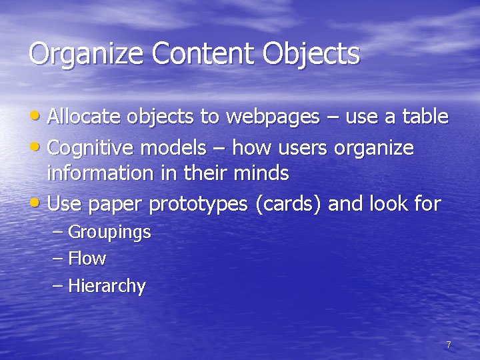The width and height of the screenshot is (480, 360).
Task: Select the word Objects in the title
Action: (311, 54)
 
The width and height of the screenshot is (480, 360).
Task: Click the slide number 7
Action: (449, 345)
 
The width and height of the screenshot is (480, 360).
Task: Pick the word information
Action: (100, 173)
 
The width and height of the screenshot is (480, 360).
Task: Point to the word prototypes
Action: (198, 204)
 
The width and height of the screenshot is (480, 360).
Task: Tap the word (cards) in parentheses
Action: (289, 204)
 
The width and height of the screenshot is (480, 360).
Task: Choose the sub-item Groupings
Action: (109, 233)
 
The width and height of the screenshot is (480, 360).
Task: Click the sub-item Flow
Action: (87, 258)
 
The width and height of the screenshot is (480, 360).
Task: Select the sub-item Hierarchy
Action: (107, 286)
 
